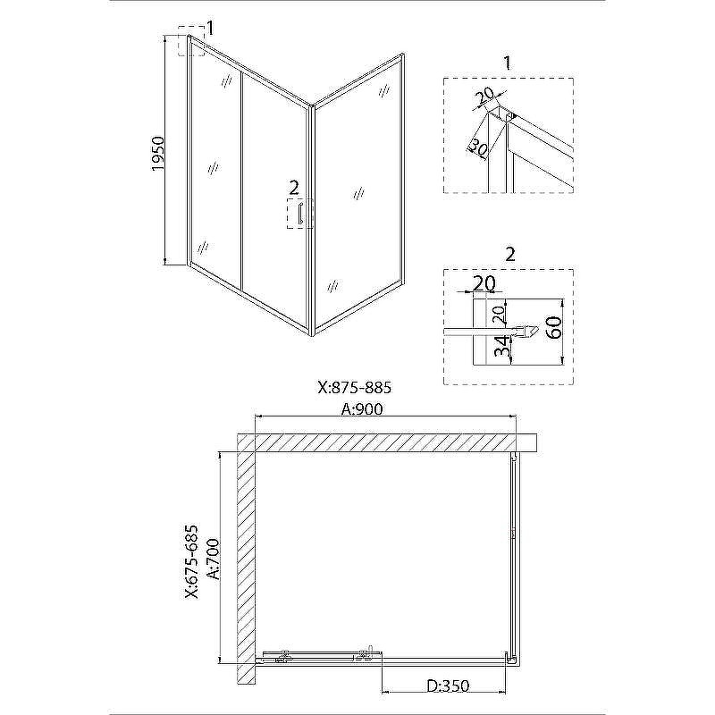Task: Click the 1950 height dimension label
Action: [157, 154]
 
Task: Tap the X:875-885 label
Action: [355, 388]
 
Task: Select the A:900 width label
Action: [363, 409]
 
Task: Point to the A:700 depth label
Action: [214, 559]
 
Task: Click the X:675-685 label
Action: [192, 561]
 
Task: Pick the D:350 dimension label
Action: [449, 686]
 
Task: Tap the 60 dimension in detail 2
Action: [555, 327]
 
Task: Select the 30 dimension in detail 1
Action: [477, 147]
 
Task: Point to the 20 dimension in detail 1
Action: [484, 97]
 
